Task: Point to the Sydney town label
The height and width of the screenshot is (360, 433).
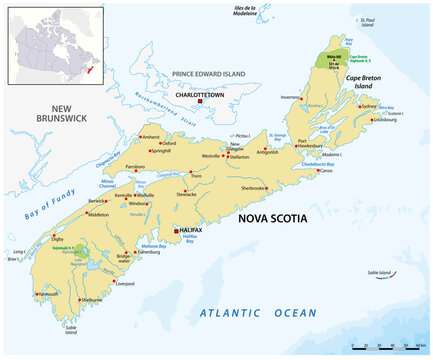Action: [369, 105]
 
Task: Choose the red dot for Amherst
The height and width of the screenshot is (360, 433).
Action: [140, 135]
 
